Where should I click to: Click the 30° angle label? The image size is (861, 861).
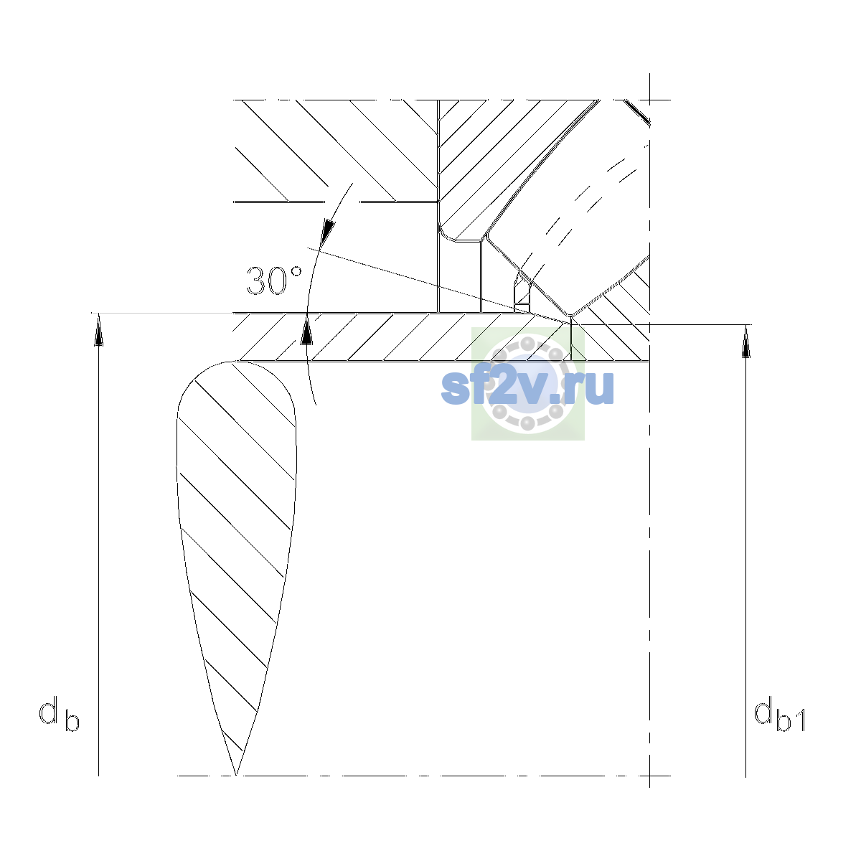click(x=274, y=281)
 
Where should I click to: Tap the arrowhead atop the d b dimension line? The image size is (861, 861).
click(x=99, y=329)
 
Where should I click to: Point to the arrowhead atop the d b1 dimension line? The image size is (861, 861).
click(x=745, y=341)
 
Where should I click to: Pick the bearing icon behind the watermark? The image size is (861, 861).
click(x=527, y=384)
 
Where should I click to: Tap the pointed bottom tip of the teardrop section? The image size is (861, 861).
click(x=236, y=775)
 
